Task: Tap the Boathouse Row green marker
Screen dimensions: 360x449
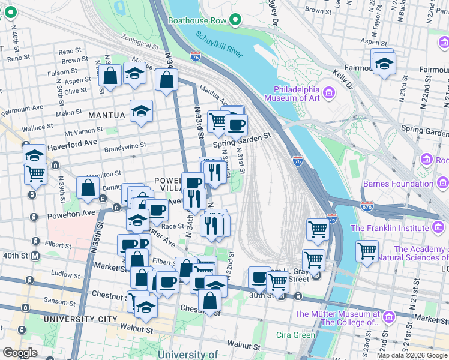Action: coord(235,20)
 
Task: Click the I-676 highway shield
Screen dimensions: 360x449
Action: coord(367,206)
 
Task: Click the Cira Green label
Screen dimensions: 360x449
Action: coord(296,335)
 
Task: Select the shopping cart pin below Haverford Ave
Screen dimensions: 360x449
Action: coord(35,174)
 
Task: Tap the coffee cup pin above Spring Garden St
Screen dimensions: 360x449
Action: coord(236,125)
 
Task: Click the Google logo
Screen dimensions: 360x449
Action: coord(20,353)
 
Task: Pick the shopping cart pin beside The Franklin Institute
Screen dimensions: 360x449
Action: coord(367,251)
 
